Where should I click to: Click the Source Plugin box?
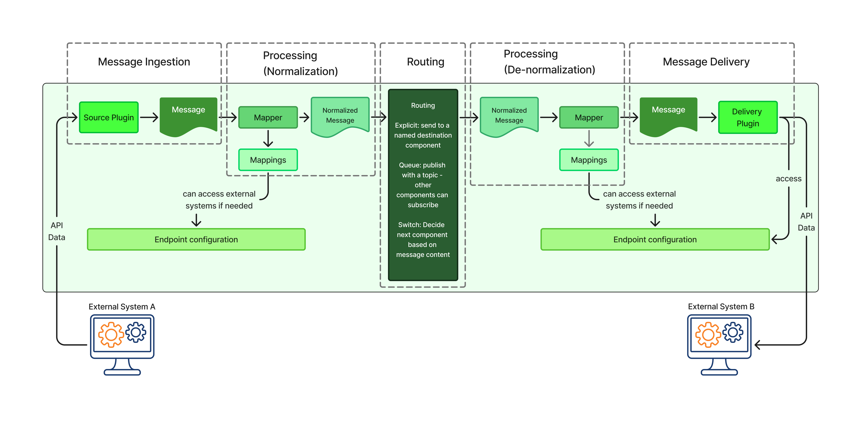(x=109, y=118)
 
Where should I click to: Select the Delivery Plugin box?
(x=748, y=118)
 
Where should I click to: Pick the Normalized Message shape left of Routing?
(x=340, y=116)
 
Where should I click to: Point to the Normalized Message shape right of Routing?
(x=509, y=116)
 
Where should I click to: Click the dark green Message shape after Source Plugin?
(x=188, y=114)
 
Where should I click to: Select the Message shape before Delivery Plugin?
(x=668, y=114)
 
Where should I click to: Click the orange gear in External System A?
(x=111, y=335)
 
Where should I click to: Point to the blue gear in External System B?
(x=733, y=332)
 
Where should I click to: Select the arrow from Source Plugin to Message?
(x=149, y=118)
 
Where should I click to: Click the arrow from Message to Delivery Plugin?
(x=707, y=118)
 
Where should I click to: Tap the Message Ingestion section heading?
(x=144, y=62)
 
